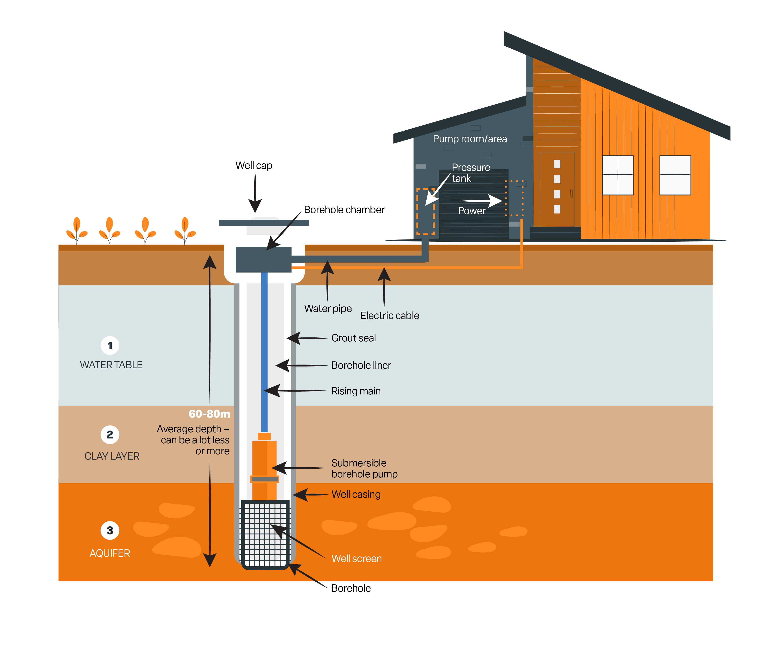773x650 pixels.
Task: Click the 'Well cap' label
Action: click(254, 166)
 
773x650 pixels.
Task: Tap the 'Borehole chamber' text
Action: click(344, 210)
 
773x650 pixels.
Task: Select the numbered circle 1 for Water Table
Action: click(110, 346)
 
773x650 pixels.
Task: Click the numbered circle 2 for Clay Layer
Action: click(110, 435)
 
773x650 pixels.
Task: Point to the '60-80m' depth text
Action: click(210, 414)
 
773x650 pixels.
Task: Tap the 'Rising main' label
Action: click(356, 391)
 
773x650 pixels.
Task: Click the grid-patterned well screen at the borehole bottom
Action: click(265, 534)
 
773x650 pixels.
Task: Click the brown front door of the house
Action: click(557, 189)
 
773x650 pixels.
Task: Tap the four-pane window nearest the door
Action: click(618, 175)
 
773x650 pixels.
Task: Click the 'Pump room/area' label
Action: click(470, 139)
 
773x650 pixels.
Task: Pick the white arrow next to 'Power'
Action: click(481, 201)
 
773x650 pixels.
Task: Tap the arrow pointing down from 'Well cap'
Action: click(255, 192)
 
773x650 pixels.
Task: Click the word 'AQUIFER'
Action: click(110, 553)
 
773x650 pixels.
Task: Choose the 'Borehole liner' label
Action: click(361, 365)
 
